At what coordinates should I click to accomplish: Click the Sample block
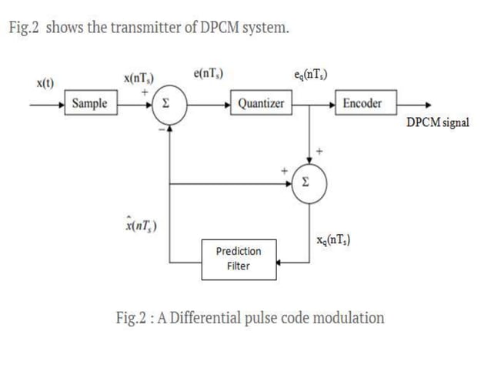90,103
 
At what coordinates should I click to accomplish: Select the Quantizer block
261,103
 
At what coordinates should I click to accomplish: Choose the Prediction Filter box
238,259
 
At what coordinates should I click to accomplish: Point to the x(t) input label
45,82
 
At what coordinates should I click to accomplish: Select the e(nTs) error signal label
209,74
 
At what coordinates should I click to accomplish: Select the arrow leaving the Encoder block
416,104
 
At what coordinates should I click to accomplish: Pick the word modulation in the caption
348,317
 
